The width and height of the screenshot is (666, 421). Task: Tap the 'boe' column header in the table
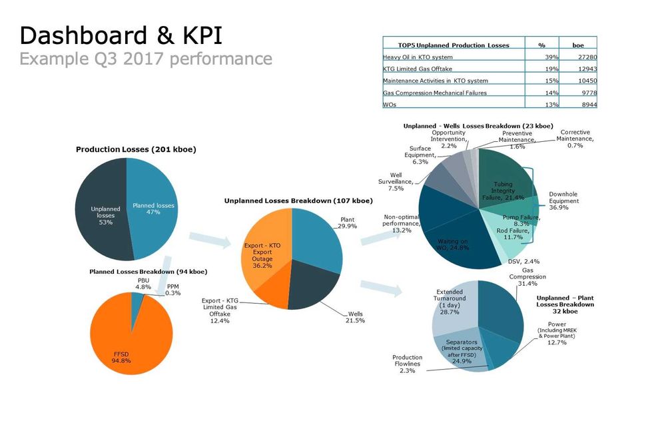(x=578, y=45)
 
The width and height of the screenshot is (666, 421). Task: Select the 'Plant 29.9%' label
(x=347, y=222)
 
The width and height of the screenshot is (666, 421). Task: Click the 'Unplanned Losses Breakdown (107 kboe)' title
(x=298, y=201)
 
